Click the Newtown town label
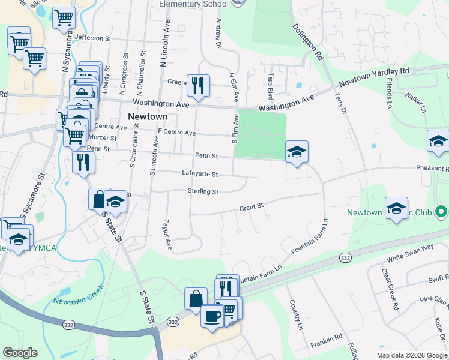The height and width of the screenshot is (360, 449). (x=146, y=116)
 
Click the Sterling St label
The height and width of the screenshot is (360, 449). (x=203, y=191)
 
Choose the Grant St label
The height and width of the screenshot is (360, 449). (x=252, y=207)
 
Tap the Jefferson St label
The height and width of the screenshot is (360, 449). (x=94, y=37)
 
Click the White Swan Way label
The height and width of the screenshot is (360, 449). (x=410, y=252)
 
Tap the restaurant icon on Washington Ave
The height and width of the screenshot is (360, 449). (x=197, y=85)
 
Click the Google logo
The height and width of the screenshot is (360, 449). (x=20, y=353)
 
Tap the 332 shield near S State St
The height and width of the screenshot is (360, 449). (x=173, y=322)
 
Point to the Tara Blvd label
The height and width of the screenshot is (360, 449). (x=270, y=86)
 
